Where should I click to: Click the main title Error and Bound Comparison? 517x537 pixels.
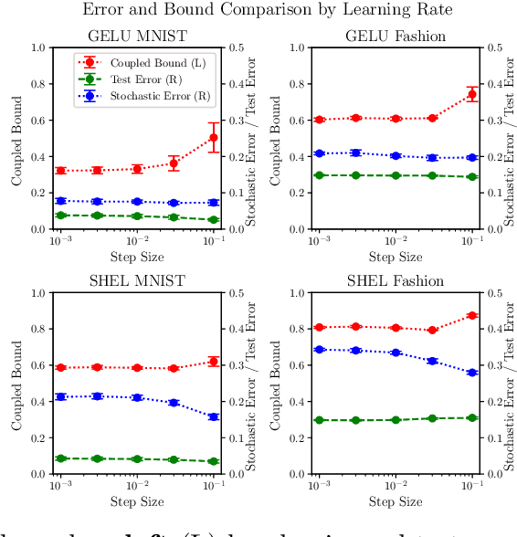tap(258, 11)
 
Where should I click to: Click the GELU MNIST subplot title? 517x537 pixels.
tap(136, 37)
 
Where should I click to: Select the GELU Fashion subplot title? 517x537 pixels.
tap(395, 37)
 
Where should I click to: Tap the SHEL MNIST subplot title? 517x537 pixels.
tap(136, 281)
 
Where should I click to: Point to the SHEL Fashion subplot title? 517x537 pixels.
tap(395, 281)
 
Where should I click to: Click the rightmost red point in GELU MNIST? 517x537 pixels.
tap(213, 138)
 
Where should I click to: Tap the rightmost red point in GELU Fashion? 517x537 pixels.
tap(471, 94)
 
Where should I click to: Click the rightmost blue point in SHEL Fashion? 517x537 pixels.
tap(471, 373)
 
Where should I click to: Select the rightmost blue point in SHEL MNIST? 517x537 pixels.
tap(213, 416)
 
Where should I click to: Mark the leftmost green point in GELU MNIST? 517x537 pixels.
tap(60, 216)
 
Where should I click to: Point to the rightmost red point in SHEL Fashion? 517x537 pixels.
tap(471, 316)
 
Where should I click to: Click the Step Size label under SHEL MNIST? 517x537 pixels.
tap(136, 502)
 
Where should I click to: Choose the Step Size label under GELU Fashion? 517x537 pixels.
tap(395, 258)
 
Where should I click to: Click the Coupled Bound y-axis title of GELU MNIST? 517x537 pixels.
tap(16, 138)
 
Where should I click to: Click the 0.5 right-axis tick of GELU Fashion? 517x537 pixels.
tap(495, 47)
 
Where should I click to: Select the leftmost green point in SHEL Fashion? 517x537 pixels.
tap(319, 420)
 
